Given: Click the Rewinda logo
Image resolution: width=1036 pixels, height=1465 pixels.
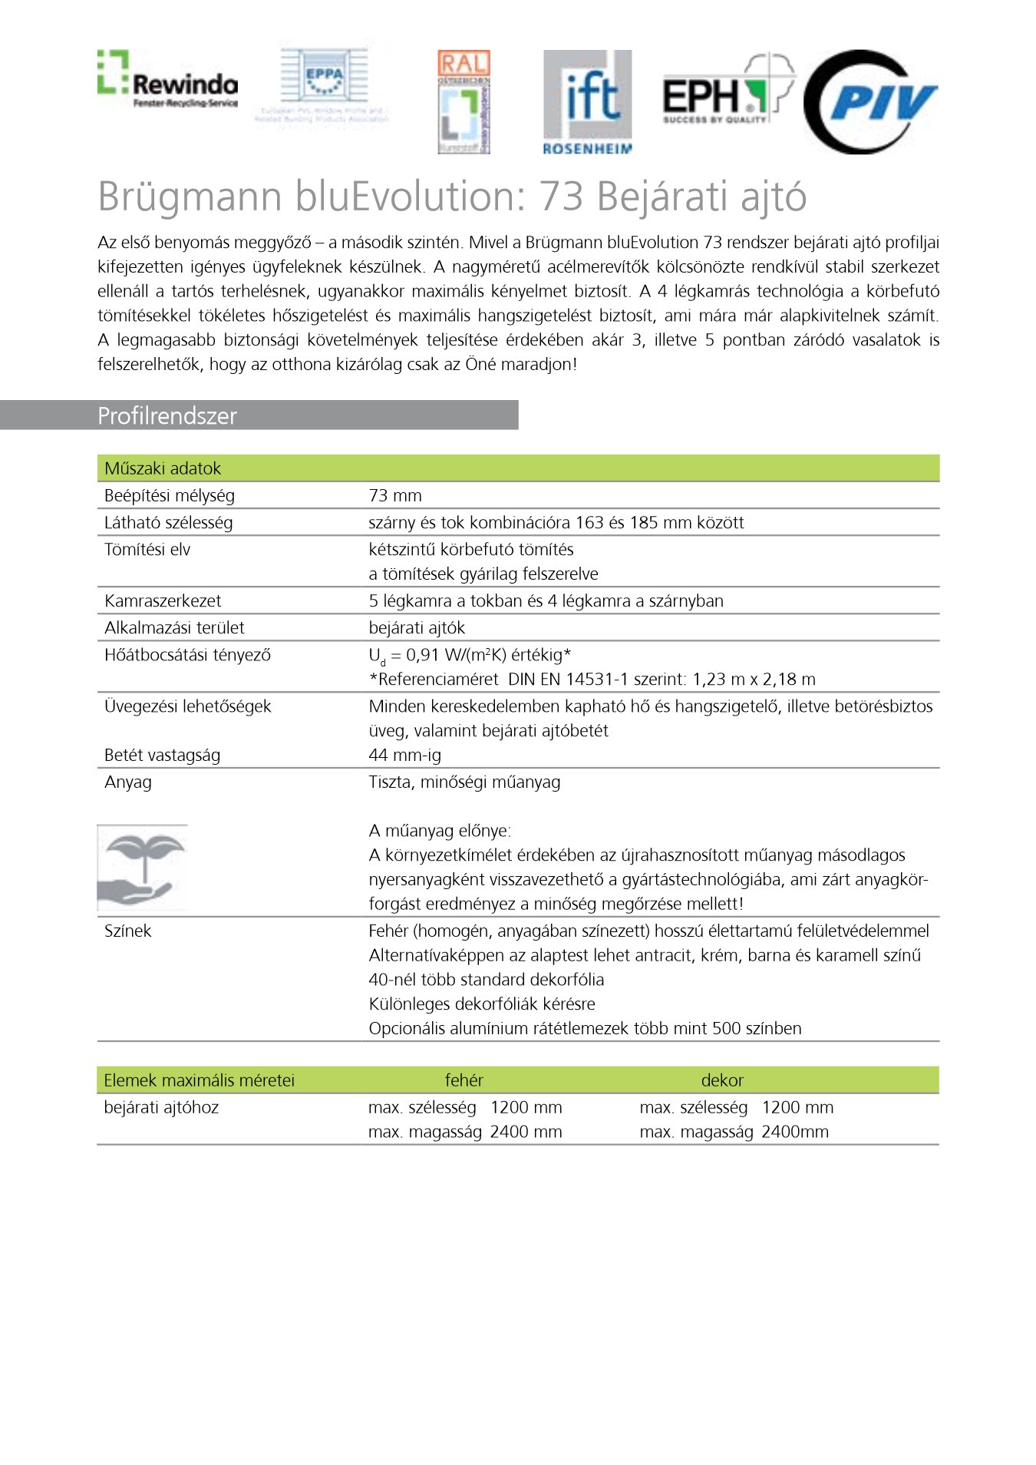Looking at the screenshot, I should point(167,79).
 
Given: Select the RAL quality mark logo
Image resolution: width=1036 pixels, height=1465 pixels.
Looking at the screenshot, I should point(464,102).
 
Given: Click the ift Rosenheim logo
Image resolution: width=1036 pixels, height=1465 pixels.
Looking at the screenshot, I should point(587,102).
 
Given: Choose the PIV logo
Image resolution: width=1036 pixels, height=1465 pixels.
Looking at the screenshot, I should point(871,102).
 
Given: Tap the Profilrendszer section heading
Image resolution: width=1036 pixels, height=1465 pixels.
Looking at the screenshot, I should point(167,416).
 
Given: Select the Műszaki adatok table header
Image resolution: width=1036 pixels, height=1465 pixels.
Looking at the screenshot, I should point(163,468).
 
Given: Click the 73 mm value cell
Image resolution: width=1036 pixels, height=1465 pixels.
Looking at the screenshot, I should point(395,496).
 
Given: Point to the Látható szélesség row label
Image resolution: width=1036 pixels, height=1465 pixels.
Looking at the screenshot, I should point(168,523).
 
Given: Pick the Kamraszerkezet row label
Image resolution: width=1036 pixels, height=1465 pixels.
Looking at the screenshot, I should point(163,601).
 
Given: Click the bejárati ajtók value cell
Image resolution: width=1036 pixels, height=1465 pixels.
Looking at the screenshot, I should point(417,628).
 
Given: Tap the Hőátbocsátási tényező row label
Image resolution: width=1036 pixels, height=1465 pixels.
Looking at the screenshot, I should point(187,655).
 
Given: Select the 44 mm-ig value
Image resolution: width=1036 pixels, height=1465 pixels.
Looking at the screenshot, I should point(404,756).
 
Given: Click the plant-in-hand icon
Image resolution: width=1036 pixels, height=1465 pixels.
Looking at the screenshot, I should point(143,868).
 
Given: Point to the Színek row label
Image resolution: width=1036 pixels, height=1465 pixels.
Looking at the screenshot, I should point(127,931).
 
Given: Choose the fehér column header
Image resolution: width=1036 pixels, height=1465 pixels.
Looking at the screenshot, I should point(464,1080).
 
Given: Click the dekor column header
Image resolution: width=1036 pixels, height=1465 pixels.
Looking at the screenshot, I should point(722,1080).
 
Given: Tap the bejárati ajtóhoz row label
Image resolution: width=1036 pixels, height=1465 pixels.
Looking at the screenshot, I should point(161,1107).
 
